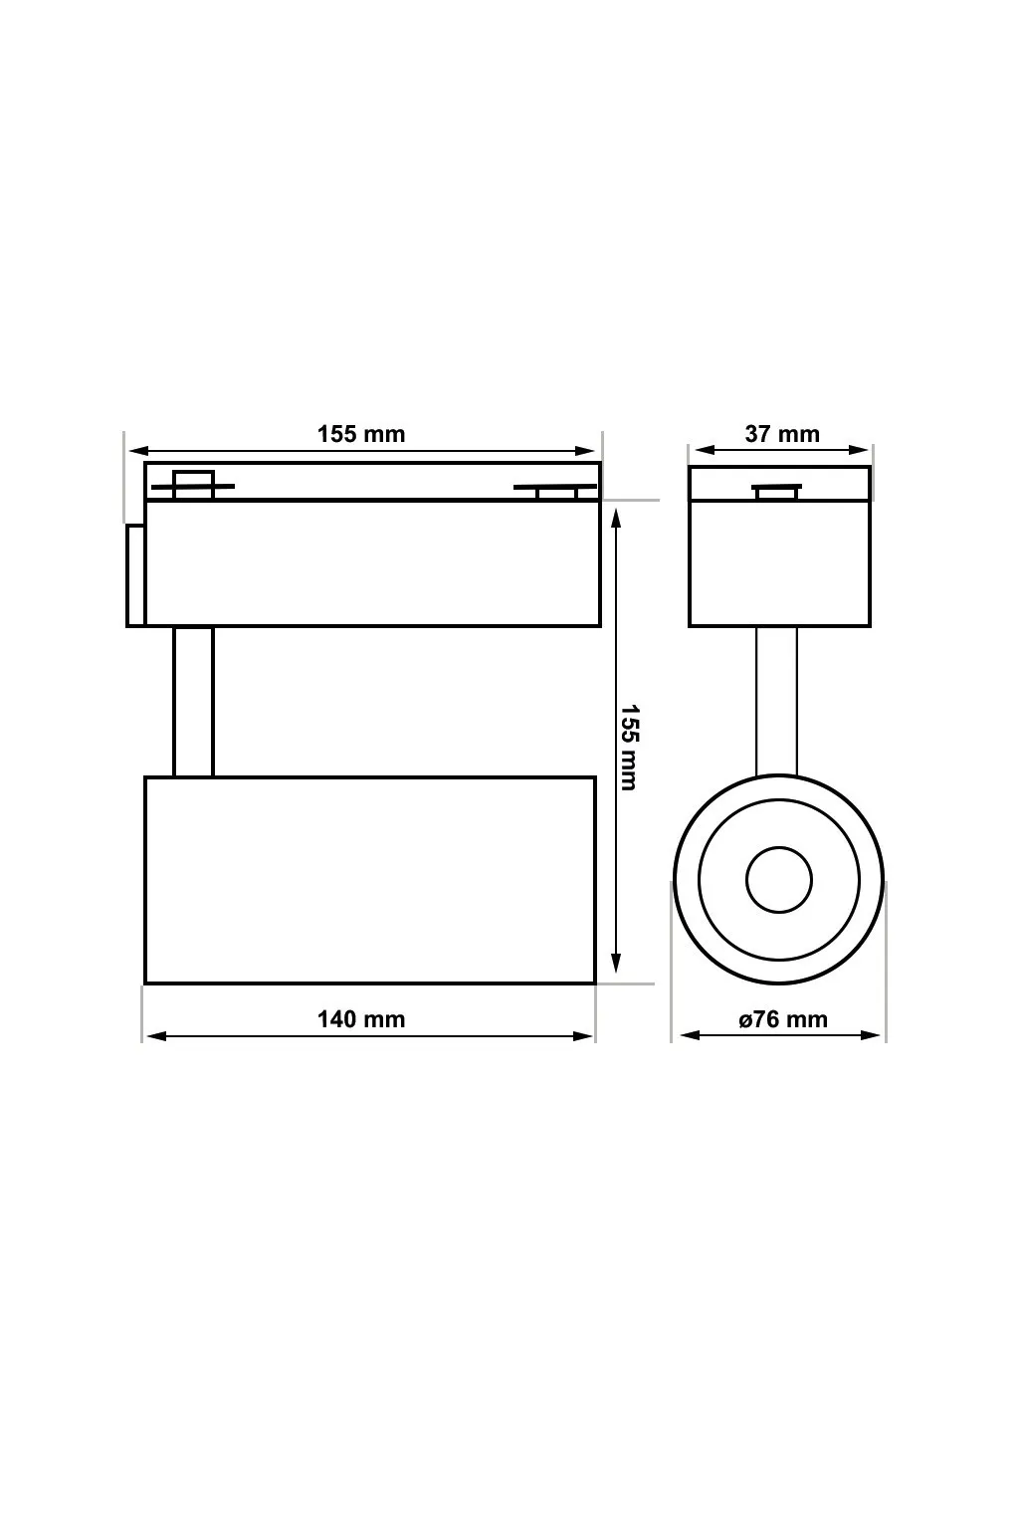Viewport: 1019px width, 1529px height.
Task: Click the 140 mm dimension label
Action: (361, 1018)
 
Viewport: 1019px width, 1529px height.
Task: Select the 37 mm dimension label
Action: (782, 434)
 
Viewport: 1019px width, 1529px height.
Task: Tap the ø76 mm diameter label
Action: (783, 1019)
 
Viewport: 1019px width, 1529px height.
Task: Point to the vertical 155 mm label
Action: (629, 747)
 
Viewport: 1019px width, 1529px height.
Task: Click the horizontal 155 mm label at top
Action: (361, 434)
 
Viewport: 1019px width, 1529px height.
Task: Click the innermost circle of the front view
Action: (779, 879)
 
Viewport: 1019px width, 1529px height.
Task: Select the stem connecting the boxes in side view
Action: (193, 702)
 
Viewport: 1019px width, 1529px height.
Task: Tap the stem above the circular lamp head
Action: (776, 702)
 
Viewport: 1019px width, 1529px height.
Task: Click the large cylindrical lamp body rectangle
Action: (370, 880)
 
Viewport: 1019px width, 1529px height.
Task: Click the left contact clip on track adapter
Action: (193, 485)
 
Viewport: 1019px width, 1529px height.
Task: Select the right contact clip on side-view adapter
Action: (555, 489)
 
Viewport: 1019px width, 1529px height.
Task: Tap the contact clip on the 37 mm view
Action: (777, 491)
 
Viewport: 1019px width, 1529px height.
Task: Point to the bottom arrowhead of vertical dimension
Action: (616, 964)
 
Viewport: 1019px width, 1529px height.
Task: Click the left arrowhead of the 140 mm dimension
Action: (154, 1036)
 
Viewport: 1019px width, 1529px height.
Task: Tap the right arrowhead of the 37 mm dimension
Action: (862, 450)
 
